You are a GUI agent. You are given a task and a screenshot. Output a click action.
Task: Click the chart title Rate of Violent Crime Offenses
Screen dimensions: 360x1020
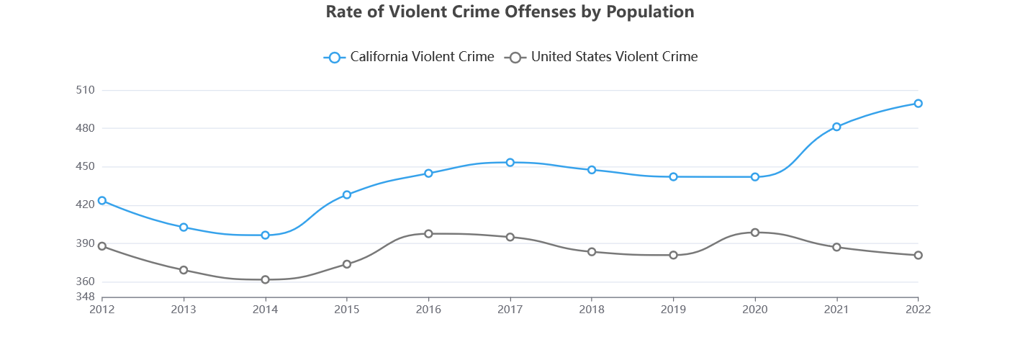(x=510, y=12)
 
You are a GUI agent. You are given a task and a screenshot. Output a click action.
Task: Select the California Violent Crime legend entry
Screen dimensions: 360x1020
(x=409, y=57)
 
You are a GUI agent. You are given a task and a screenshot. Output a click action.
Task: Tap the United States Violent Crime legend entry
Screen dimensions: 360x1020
(x=601, y=57)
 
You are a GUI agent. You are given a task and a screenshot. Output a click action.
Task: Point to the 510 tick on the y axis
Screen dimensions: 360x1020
(x=85, y=90)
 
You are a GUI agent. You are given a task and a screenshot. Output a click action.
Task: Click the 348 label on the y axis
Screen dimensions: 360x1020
(x=85, y=297)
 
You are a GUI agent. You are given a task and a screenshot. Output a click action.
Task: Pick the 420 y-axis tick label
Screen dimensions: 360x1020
(x=85, y=204)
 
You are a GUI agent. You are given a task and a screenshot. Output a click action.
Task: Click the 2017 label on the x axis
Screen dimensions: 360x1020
(x=510, y=310)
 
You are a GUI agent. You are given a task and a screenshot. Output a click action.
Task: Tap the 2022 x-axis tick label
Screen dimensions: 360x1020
(x=918, y=310)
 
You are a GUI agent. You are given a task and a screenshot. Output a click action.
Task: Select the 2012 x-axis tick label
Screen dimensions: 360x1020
(x=102, y=310)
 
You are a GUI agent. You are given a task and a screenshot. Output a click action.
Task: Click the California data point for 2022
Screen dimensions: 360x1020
(x=918, y=103)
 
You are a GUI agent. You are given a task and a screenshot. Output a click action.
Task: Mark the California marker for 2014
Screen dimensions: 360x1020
(x=265, y=235)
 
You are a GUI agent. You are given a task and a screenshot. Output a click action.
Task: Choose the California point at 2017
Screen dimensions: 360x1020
(x=510, y=162)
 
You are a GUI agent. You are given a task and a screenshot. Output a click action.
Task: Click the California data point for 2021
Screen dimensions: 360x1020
(x=836, y=127)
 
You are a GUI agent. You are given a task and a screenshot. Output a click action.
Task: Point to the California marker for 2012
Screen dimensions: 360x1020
(x=102, y=200)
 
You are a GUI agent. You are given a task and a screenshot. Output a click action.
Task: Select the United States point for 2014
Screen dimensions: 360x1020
(x=265, y=279)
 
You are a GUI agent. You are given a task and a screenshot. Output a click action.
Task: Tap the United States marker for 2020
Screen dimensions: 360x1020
(x=754, y=232)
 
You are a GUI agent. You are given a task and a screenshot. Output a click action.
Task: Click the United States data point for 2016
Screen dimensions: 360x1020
(x=428, y=233)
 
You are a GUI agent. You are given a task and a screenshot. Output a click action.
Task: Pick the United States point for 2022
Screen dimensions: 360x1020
(x=918, y=255)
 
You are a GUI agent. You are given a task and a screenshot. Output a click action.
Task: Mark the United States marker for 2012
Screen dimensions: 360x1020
(x=102, y=246)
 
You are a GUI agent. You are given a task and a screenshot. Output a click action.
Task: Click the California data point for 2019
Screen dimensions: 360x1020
(x=673, y=176)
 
